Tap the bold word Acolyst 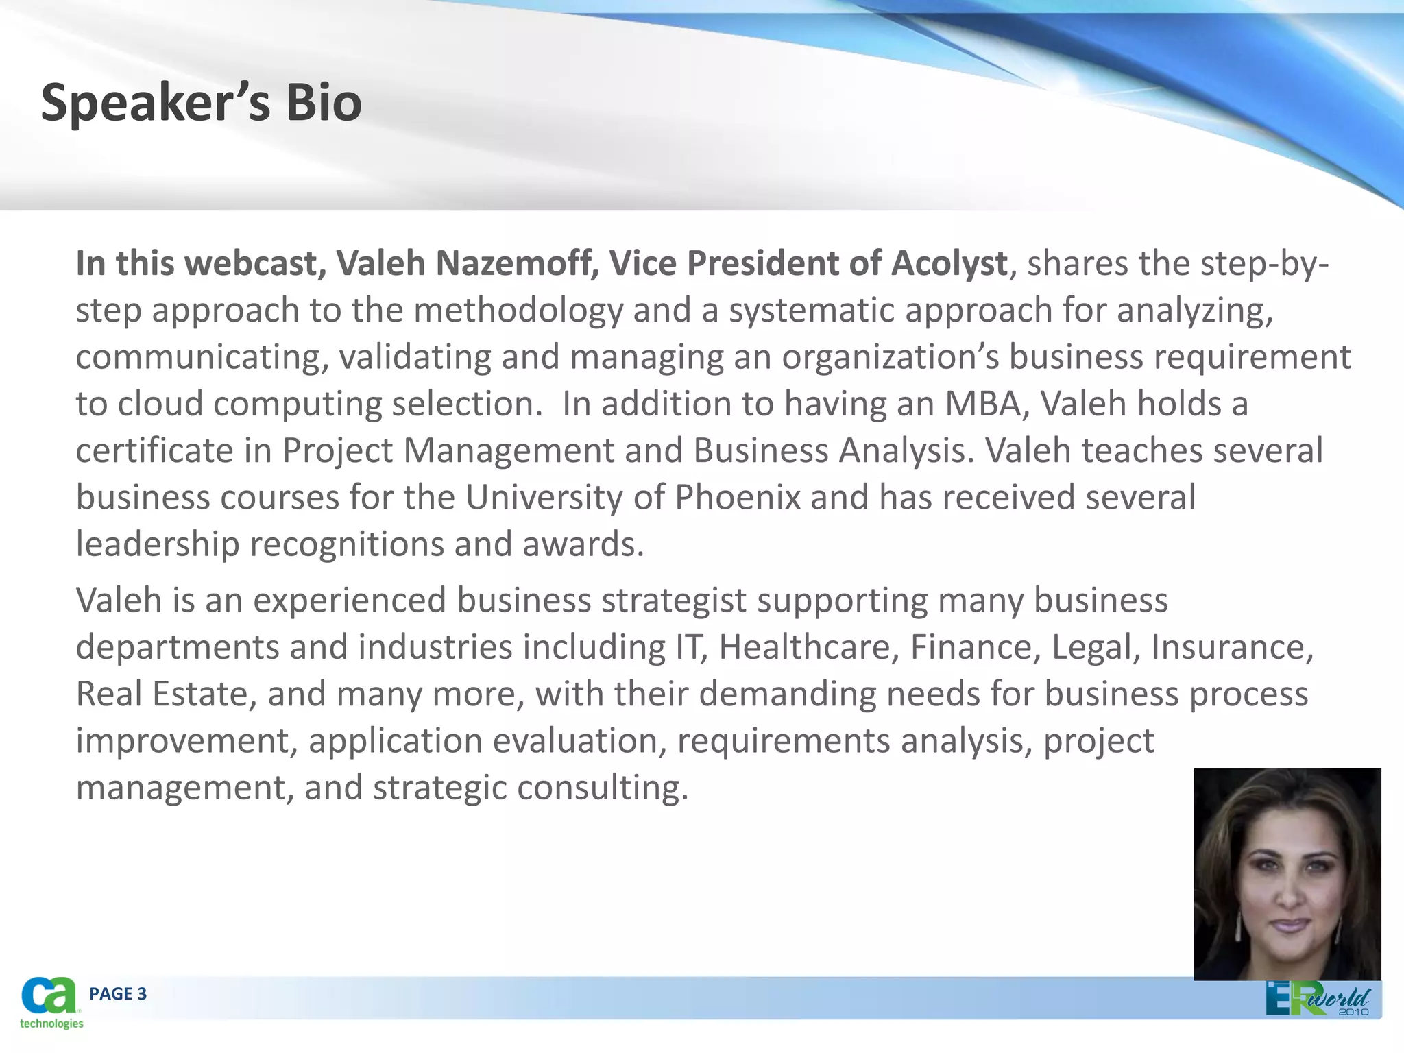949,263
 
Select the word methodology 518,311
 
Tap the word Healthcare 808,647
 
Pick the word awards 583,544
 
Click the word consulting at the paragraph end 602,788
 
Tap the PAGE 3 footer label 118,994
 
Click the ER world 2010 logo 1317,999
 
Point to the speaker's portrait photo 1287,873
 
